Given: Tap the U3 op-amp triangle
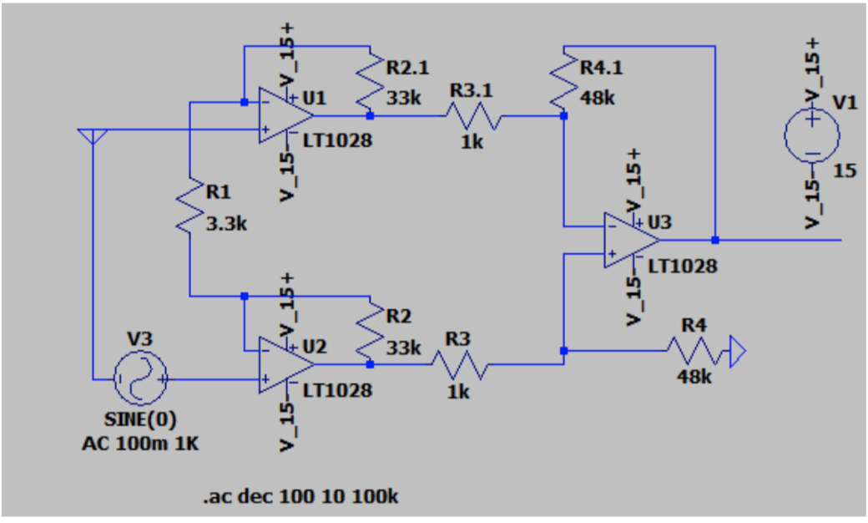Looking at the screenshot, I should (x=631, y=240).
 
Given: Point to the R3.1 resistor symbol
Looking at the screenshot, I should (x=473, y=116).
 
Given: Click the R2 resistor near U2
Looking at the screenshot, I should (x=368, y=329).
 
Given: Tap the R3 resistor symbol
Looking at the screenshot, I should (x=460, y=364).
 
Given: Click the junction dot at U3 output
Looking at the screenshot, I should (x=715, y=240).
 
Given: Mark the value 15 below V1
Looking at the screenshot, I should (x=845, y=171).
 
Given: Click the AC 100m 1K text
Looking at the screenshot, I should (x=140, y=443).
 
